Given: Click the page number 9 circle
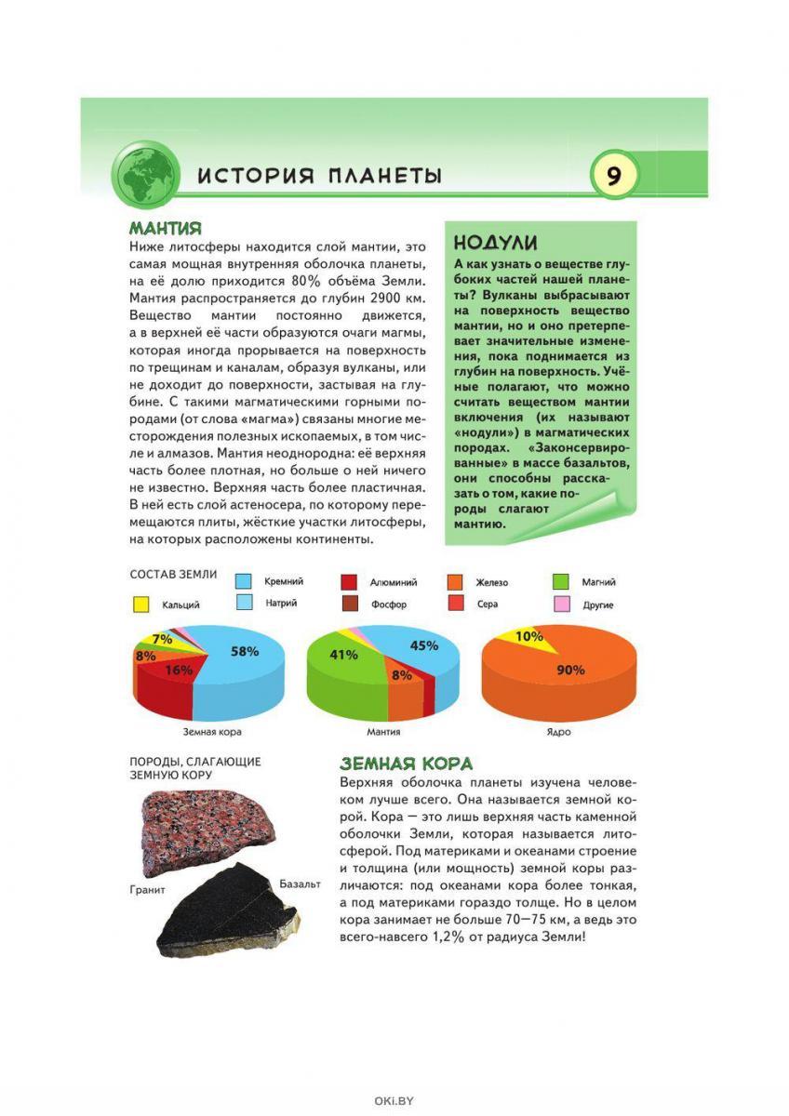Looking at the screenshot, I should pos(614,175).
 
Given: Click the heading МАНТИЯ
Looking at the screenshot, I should pos(166,228).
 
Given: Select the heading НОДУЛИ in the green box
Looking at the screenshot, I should pos(495,243).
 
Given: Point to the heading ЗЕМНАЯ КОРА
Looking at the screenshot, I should pos(407,764).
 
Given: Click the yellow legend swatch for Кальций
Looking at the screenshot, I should pos(140,604).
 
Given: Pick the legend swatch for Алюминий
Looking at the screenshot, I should pos(350,582).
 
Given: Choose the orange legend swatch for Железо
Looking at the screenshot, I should pos(455,582).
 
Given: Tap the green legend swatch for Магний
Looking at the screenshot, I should pos(562,582).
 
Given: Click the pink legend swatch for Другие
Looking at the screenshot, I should pos(562,604).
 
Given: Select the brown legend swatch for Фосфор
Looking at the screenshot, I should pos(350,604).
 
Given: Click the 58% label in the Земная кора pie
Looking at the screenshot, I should pos(245,652).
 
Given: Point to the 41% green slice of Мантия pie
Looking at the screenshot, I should pos(343,655).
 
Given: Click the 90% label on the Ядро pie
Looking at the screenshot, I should pos(570,670).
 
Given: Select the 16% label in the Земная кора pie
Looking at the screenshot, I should pos(179,669).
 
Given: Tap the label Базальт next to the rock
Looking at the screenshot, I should pos(300,883).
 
